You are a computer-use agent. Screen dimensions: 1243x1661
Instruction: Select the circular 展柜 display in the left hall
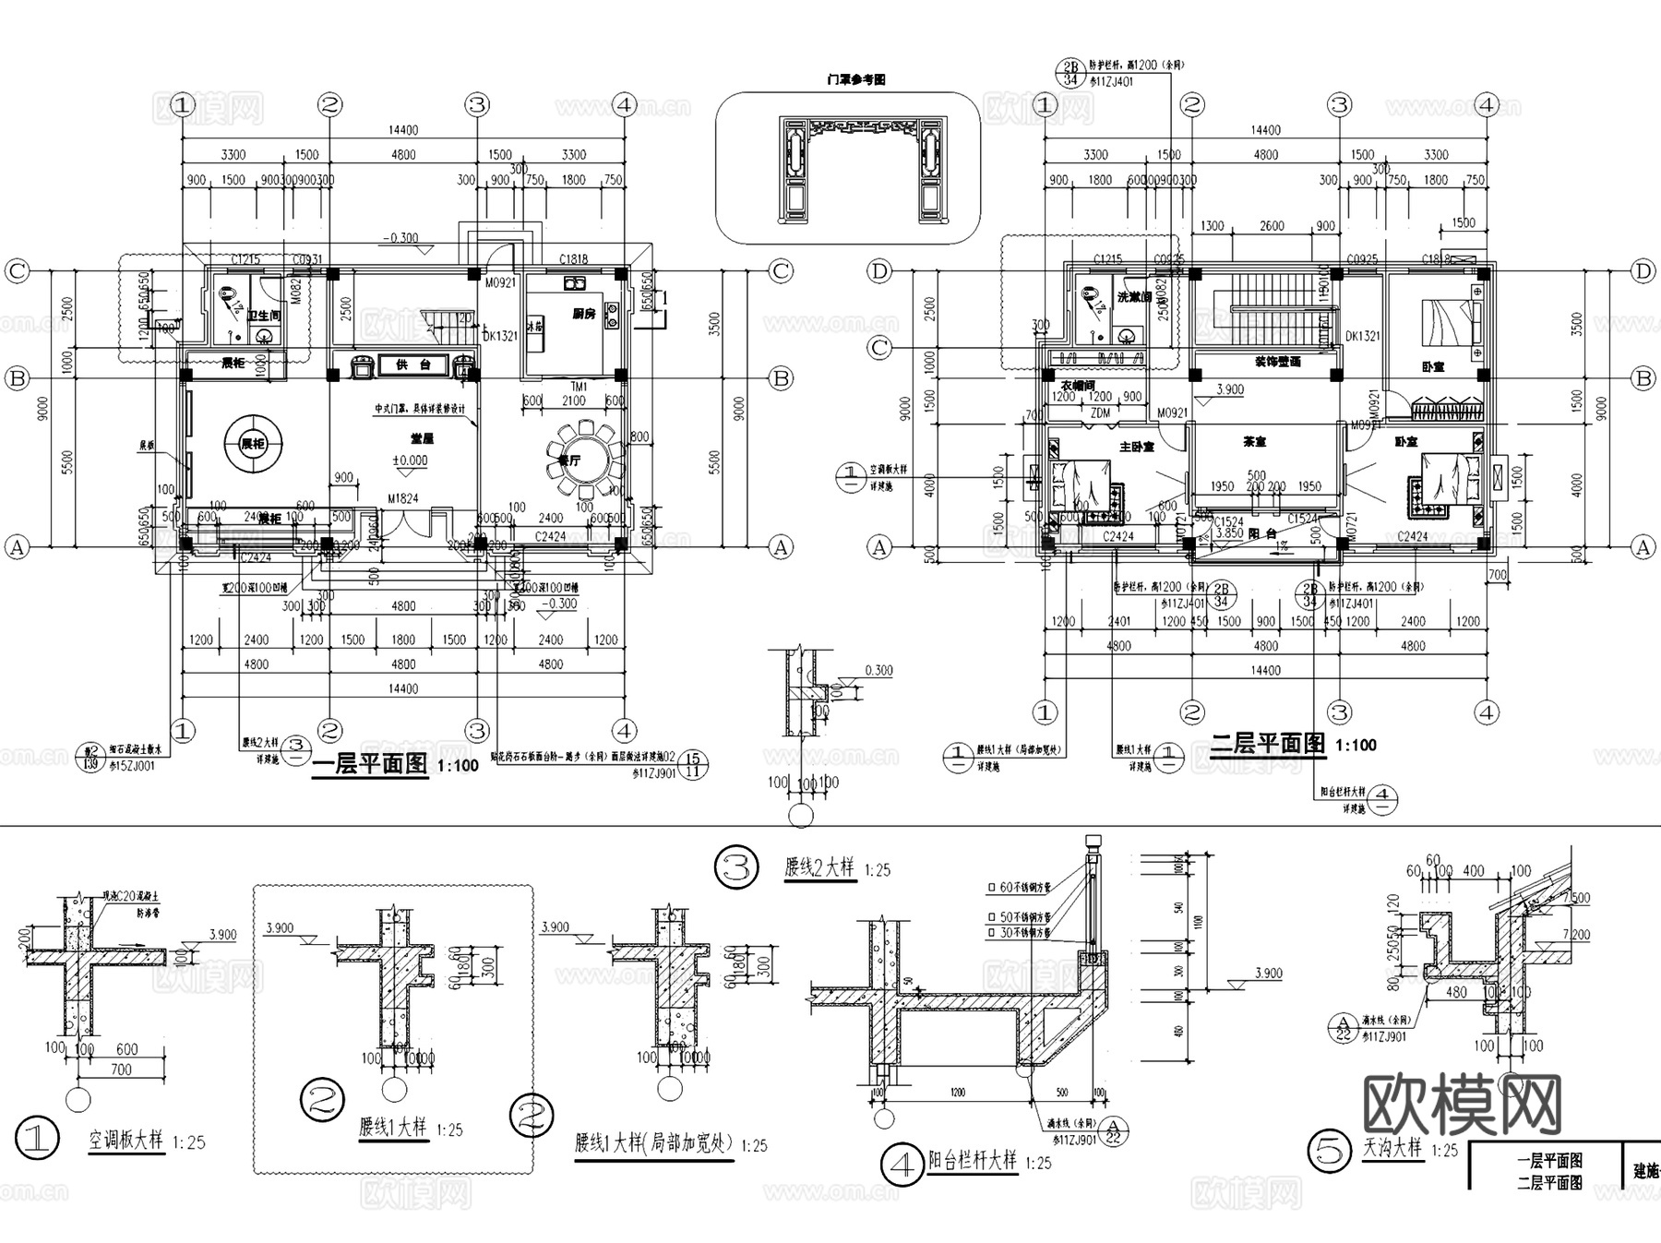coord(253,444)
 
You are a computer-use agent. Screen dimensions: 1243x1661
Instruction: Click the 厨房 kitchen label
coord(583,314)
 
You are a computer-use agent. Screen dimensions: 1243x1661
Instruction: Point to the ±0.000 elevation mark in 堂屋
coord(411,460)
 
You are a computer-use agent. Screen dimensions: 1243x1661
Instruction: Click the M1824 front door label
coord(403,498)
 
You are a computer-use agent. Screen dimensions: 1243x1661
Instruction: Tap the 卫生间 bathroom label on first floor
coord(263,315)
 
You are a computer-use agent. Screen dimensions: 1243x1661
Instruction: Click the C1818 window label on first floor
coord(573,259)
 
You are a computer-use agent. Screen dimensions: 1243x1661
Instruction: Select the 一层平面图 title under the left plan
coord(371,765)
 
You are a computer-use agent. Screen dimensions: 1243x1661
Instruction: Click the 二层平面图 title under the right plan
coord(1268,744)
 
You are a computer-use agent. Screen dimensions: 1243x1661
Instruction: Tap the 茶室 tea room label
coord(1254,442)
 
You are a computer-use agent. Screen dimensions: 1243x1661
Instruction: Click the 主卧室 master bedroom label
coord(1137,447)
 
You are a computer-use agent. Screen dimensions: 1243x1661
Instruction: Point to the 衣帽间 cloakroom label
coord(1076,385)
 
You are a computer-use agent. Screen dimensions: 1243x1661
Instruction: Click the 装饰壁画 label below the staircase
coord(1277,361)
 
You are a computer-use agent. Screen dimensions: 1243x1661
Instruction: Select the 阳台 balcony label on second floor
coord(1261,533)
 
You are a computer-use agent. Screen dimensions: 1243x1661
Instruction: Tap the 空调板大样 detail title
coord(125,1140)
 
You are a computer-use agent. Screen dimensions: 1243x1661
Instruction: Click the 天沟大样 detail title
coord(1392,1149)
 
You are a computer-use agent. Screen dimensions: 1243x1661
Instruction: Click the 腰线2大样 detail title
coord(819,867)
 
